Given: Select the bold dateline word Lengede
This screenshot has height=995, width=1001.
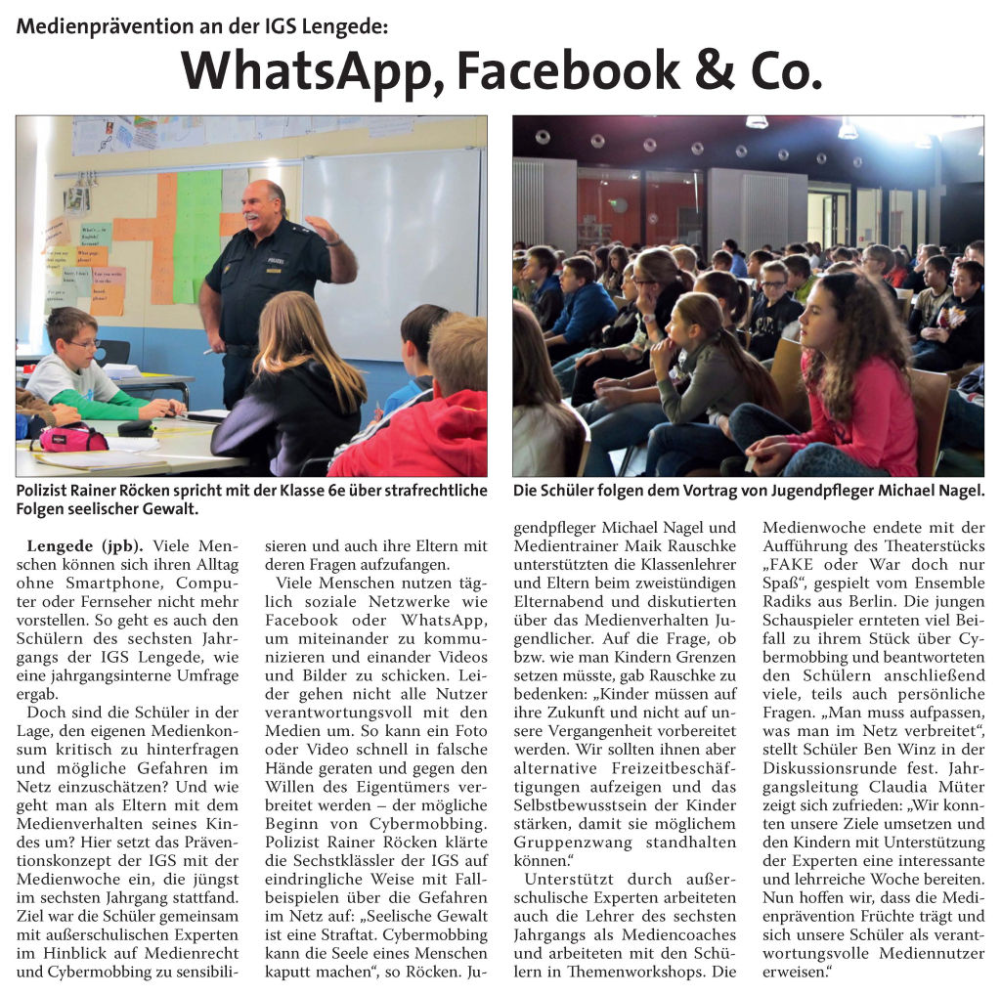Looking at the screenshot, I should click(x=64, y=545).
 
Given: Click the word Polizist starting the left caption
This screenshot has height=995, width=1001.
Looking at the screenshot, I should click(x=46, y=491).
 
